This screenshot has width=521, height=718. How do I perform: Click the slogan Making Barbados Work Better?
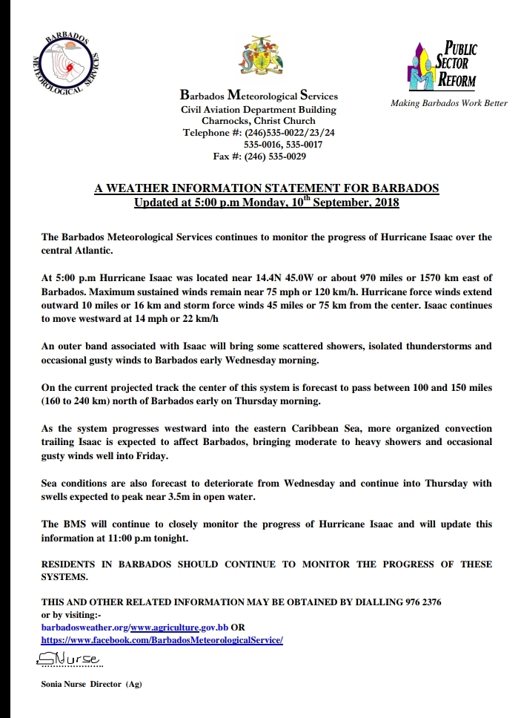point(448,103)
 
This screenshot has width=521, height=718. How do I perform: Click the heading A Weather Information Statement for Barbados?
point(266,189)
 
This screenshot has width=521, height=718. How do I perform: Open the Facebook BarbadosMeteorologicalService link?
point(162,639)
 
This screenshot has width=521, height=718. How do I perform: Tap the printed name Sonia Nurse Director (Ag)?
point(91,684)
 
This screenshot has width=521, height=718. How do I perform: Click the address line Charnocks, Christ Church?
point(259,121)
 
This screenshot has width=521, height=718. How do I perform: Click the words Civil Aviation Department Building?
point(259,109)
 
